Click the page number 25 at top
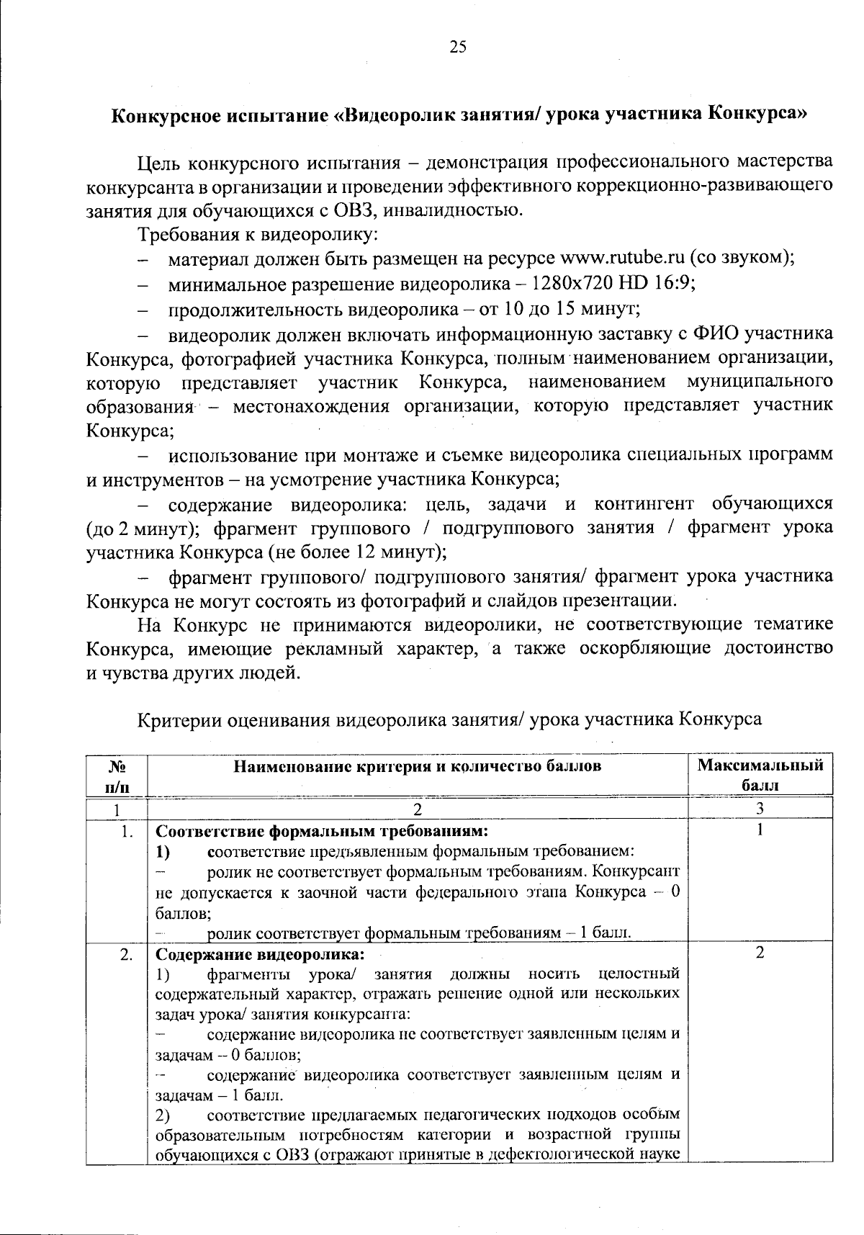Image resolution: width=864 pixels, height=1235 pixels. point(458,48)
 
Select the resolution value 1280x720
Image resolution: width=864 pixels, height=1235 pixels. point(566,283)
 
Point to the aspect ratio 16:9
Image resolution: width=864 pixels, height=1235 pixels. point(675,283)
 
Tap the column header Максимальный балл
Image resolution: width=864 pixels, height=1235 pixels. point(760,775)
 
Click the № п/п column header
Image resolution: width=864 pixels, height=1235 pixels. point(116,775)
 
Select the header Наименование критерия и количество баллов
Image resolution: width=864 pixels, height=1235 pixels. point(418,766)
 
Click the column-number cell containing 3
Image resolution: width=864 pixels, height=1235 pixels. point(760,808)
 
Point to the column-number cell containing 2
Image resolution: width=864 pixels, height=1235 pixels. point(418,808)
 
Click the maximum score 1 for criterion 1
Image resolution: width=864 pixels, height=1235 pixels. point(760,831)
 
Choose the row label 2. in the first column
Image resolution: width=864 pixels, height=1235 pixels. point(127,955)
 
